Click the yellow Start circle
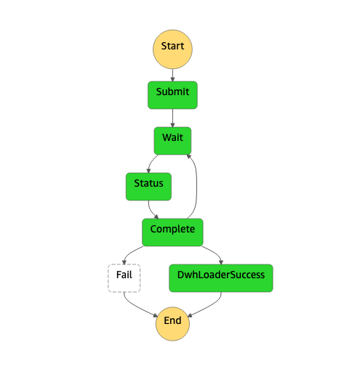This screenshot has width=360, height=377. click(x=172, y=49)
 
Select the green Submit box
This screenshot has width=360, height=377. click(x=172, y=95)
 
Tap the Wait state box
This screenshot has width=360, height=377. click(x=172, y=141)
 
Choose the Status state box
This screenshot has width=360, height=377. click(x=148, y=187)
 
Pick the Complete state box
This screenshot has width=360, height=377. click(x=172, y=232)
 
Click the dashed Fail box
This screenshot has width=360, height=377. click(x=124, y=278)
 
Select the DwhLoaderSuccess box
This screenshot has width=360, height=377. click(x=221, y=278)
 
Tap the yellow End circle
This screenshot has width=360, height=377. click(x=172, y=324)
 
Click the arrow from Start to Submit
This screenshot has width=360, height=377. click(x=172, y=76)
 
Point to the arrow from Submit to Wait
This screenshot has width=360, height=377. click(x=172, y=118)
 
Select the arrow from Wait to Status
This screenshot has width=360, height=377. click(x=151, y=162)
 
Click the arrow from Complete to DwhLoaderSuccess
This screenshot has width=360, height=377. click(x=215, y=252)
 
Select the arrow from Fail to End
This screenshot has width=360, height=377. click(x=136, y=307)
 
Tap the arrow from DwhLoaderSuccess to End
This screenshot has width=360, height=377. click(x=209, y=307)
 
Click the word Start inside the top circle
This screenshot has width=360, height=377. click(x=172, y=46)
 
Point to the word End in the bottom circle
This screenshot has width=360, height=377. click(x=172, y=320)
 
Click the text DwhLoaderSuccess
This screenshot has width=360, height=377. click(x=221, y=275)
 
